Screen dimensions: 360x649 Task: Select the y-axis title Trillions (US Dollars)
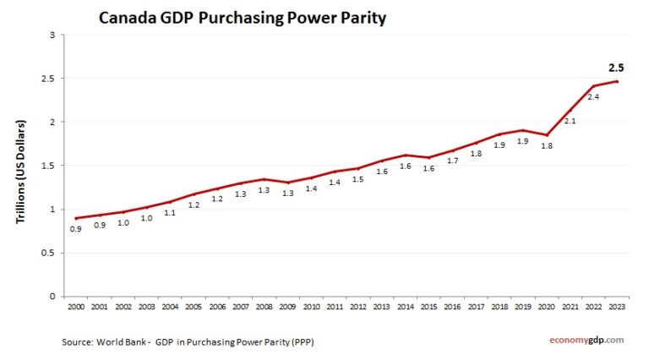click(x=21, y=172)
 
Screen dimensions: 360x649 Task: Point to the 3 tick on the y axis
click(x=52, y=35)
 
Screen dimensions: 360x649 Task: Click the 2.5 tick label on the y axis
click(x=49, y=79)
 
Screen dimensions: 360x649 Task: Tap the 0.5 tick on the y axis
click(x=49, y=253)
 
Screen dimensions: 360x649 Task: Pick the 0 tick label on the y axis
click(x=52, y=297)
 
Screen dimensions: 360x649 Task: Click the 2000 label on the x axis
click(x=75, y=307)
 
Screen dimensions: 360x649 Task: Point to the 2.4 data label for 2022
click(x=593, y=97)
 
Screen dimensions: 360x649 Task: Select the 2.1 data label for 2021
click(x=570, y=122)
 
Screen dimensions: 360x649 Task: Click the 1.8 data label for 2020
click(x=547, y=146)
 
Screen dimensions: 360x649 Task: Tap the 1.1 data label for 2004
click(x=169, y=213)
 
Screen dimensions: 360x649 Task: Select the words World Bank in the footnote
click(x=126, y=341)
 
